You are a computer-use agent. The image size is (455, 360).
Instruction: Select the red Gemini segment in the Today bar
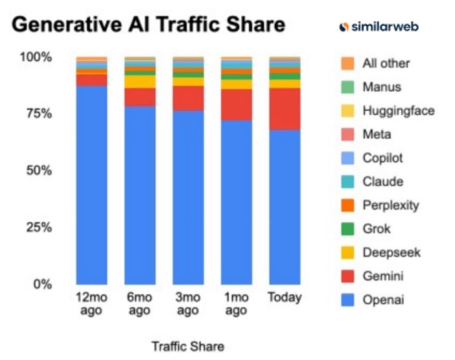pos(285,109)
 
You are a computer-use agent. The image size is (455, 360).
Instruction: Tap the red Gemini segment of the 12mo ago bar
pos(92,80)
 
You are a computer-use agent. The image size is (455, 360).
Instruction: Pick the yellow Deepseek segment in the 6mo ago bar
pos(140,82)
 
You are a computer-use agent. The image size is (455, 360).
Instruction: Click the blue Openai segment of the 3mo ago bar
pos(188,197)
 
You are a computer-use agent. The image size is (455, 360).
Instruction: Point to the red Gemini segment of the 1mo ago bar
pos(236,105)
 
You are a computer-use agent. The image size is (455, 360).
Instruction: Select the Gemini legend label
pos(383,276)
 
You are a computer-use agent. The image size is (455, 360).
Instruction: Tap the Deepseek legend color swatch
pos(348,253)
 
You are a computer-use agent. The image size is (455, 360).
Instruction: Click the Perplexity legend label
pos(391,205)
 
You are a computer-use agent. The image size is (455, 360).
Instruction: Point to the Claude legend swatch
pos(348,182)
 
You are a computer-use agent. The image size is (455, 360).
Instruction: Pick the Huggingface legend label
pos(398,111)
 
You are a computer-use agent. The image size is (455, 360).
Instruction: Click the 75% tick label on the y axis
pos(39,113)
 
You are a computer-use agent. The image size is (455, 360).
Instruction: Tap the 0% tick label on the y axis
pos(42,284)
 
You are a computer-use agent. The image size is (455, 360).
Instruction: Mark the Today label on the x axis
pos(285,297)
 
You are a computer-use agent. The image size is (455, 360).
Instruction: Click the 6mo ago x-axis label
pos(140,304)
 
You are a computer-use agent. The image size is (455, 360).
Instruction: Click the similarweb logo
pos(379,27)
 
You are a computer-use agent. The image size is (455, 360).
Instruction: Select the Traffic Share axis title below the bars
pos(188,346)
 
